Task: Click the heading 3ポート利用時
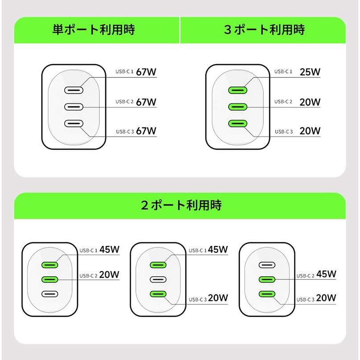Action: (264, 30)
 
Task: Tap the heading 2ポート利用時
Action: (181, 205)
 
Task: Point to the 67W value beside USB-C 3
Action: (146, 131)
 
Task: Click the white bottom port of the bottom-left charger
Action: (50, 294)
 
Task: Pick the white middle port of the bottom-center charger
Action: (158, 279)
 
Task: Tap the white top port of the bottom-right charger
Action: (267, 265)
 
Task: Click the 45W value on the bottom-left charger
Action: (110, 250)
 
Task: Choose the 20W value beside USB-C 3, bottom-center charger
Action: (218, 298)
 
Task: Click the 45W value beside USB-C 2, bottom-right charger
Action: (326, 274)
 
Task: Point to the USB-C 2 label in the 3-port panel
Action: (283, 102)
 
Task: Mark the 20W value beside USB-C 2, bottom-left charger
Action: (110, 274)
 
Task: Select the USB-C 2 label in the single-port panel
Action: (125, 102)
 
